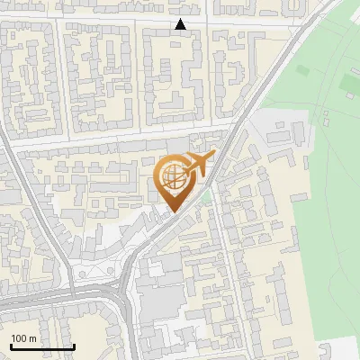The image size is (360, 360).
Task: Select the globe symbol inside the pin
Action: [x=171, y=175]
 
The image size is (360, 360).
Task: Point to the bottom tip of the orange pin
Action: [x=173, y=211]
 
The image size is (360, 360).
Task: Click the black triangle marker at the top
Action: [x=180, y=24]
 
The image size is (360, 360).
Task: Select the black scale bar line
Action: [x=42, y=347]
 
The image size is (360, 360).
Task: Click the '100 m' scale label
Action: [x=24, y=338]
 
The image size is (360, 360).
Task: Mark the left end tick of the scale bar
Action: [x=11, y=346]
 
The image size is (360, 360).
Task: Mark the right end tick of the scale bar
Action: [x=74, y=346]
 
